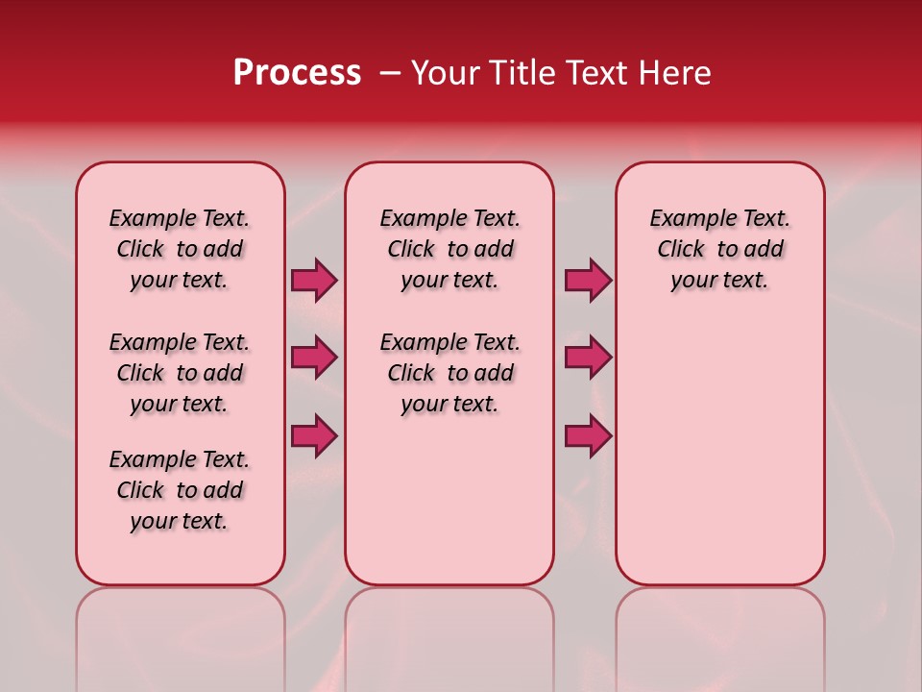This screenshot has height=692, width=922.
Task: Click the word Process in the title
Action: pyautogui.click(x=297, y=72)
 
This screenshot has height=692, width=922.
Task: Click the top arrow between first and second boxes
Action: pyautogui.click(x=314, y=281)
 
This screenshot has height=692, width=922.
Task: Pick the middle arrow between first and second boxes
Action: pyautogui.click(x=314, y=358)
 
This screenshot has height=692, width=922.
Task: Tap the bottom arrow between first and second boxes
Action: pyautogui.click(x=314, y=435)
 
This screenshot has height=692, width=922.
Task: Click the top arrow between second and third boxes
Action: pyautogui.click(x=588, y=281)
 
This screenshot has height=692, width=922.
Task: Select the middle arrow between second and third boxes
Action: pyautogui.click(x=588, y=358)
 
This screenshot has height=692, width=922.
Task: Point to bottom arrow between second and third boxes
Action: pyautogui.click(x=588, y=435)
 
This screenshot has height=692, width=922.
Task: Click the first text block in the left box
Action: pyautogui.click(x=180, y=249)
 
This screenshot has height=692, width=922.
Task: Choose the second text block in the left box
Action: pyautogui.click(x=180, y=373)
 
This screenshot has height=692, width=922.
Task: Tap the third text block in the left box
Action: pyautogui.click(x=180, y=490)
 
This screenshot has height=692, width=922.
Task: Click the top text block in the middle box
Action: pyautogui.click(x=449, y=249)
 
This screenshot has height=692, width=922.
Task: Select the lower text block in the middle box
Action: pyautogui.click(x=449, y=373)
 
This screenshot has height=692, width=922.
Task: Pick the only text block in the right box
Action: pyautogui.click(x=719, y=249)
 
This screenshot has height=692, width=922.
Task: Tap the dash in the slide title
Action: pyautogui.click(x=390, y=72)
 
